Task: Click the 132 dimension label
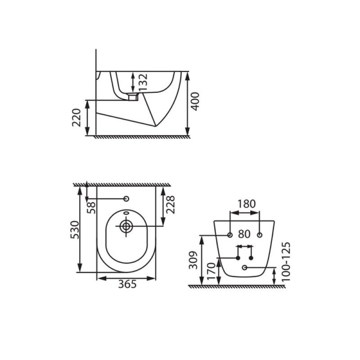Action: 143,82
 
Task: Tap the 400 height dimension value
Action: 195,101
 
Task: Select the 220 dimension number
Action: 76,117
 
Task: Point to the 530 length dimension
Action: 75,229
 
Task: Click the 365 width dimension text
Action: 127,284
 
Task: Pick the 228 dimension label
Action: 171,205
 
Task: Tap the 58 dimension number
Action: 92,208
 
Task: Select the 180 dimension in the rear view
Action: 246,204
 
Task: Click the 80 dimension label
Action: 244,234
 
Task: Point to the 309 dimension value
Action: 193,260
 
